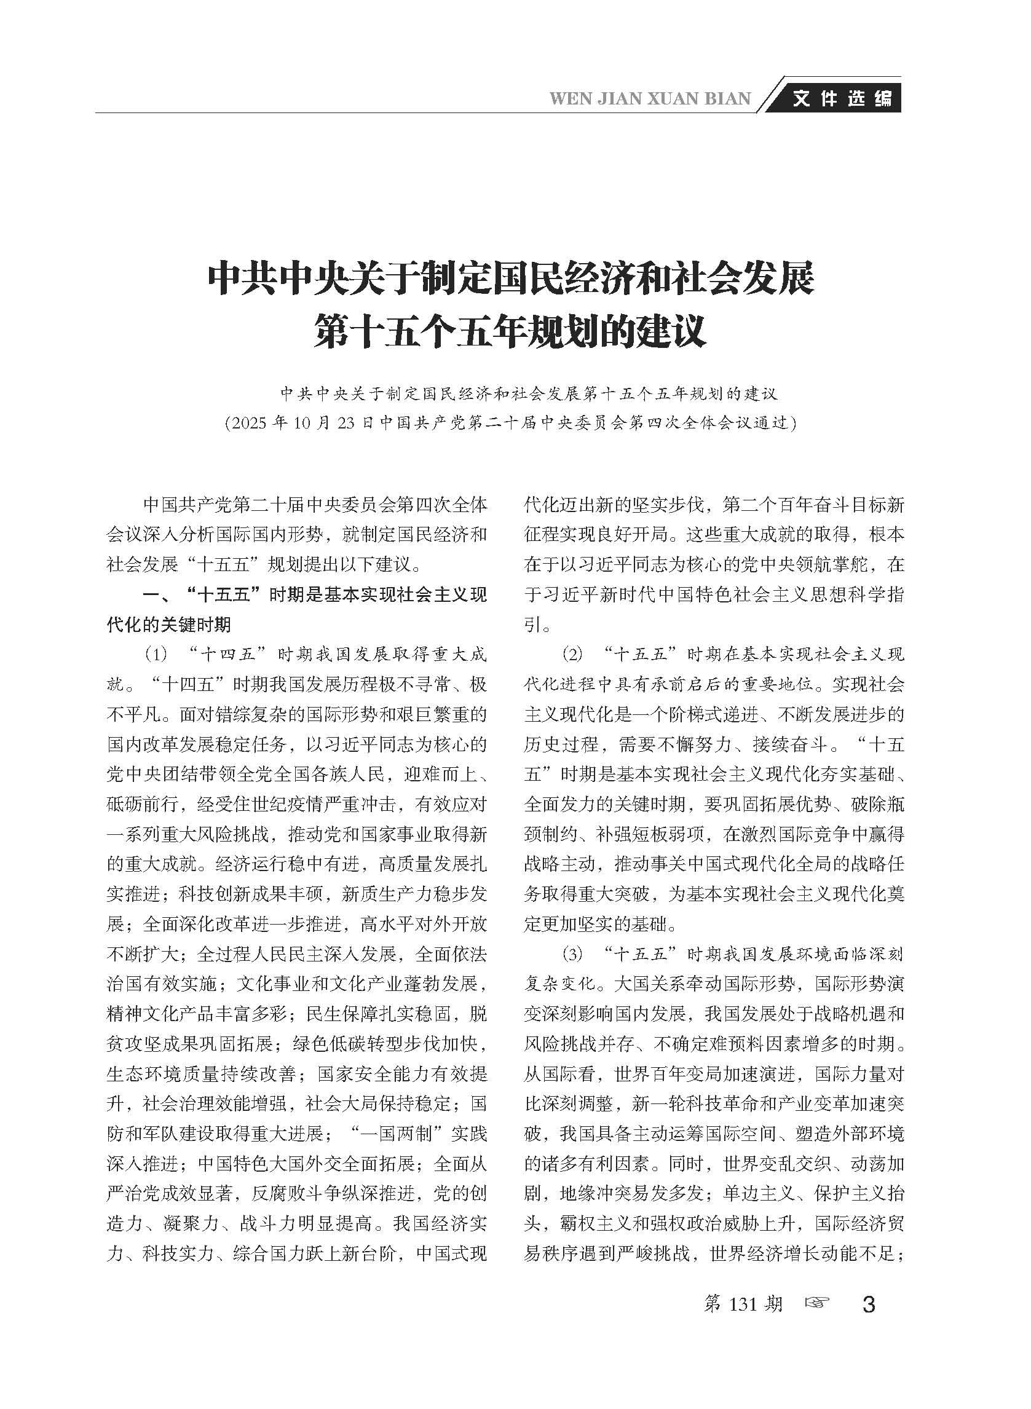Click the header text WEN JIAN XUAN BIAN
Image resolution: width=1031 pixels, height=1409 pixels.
click(650, 98)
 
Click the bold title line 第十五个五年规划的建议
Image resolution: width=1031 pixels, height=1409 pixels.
click(510, 331)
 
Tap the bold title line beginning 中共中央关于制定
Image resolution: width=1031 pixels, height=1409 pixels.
click(510, 279)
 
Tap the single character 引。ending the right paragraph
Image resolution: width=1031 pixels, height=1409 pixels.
click(534, 625)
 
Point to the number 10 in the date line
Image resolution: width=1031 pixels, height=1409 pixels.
click(302, 423)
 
